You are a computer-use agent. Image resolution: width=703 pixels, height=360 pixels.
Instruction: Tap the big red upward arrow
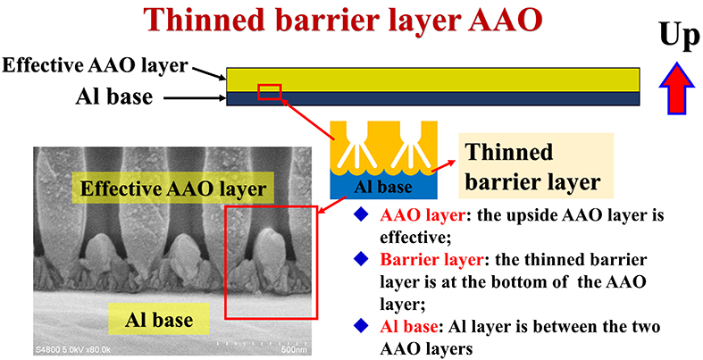tap(676, 88)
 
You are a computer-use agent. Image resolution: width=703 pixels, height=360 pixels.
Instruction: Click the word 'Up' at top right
tap(679, 36)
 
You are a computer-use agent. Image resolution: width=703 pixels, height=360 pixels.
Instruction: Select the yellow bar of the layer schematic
tap(432, 80)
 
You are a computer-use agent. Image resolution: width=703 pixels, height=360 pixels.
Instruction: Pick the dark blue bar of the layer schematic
tap(432, 98)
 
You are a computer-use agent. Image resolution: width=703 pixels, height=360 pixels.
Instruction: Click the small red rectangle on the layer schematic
tap(270, 91)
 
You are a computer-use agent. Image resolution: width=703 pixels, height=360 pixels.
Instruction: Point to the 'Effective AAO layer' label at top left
tap(95, 65)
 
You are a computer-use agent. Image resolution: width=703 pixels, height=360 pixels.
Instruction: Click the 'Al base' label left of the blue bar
tap(114, 96)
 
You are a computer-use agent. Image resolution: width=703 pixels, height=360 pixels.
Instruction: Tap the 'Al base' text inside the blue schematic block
tap(382, 187)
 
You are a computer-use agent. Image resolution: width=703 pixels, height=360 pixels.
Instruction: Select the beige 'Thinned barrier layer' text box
tap(536, 166)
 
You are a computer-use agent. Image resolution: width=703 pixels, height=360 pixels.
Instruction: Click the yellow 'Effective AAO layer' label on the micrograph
tap(173, 188)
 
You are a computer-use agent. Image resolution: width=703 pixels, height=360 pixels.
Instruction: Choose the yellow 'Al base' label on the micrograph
tap(159, 319)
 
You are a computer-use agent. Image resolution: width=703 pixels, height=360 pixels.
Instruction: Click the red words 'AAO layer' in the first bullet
tap(422, 216)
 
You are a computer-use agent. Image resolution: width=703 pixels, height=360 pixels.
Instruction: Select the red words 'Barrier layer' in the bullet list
tap(431, 261)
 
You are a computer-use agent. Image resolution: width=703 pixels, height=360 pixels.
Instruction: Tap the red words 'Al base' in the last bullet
tap(409, 327)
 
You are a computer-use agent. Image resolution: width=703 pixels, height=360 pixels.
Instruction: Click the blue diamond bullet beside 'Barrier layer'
tap(361, 260)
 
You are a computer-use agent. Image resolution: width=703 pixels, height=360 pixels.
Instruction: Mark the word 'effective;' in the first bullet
tap(414, 238)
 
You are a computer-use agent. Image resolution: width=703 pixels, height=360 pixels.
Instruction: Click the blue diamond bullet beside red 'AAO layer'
tap(361, 215)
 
